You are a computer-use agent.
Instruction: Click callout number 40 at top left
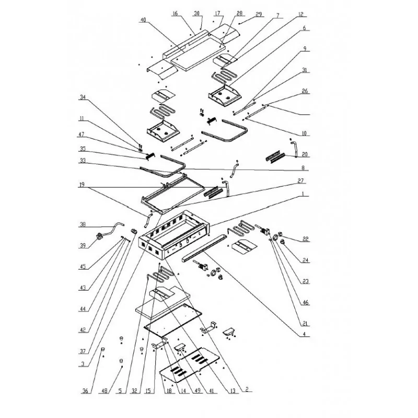[143, 20]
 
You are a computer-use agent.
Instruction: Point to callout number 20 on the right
[305, 155]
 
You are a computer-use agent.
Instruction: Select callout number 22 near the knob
[306, 239]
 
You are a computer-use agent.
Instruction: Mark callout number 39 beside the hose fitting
[83, 245]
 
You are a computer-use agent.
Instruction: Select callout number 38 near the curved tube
[83, 226]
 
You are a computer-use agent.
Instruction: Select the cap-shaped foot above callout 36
[103, 349]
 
